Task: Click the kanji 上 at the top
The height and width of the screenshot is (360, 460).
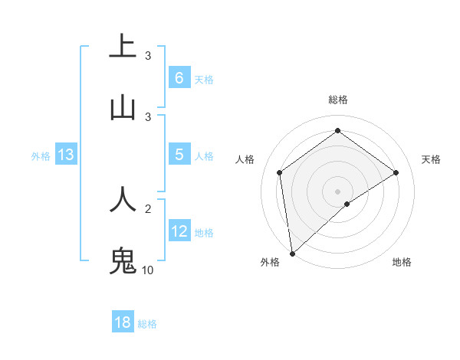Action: coord(123,46)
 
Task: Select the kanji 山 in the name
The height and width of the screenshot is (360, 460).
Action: coord(123,107)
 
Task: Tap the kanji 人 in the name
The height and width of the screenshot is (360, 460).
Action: coord(123,199)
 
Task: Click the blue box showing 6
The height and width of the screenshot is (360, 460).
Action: coord(179,78)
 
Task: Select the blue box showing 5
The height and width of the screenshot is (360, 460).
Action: coord(179,155)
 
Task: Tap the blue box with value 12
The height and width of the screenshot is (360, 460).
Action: coord(179,231)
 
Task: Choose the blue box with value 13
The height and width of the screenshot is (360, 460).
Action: coord(66,155)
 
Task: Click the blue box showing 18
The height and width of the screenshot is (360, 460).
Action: coord(123,322)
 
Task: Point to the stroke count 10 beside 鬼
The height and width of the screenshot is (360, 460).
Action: coord(147,270)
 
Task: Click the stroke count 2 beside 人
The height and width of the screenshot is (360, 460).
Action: coord(148,208)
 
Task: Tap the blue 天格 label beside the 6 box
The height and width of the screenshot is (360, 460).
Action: coord(203,80)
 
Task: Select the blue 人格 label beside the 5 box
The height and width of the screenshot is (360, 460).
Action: coord(203,156)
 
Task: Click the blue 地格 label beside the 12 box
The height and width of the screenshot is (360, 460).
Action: coord(203,233)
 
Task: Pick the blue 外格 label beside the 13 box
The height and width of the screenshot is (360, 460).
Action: coord(41,156)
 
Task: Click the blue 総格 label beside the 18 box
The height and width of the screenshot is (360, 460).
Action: coord(147,324)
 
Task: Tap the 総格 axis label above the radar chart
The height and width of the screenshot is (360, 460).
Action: coord(338,100)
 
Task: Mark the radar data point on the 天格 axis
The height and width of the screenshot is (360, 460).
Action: coord(396,172)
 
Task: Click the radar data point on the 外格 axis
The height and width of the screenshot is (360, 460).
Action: coord(292,253)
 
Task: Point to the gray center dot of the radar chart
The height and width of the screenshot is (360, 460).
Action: coord(338,191)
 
